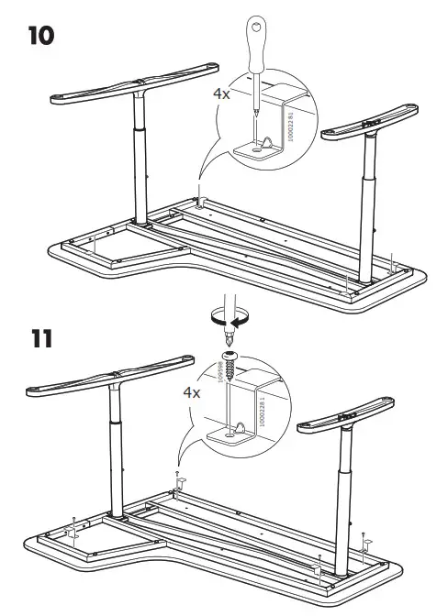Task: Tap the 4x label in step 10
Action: [x=222, y=93]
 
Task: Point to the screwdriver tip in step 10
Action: [x=254, y=114]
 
